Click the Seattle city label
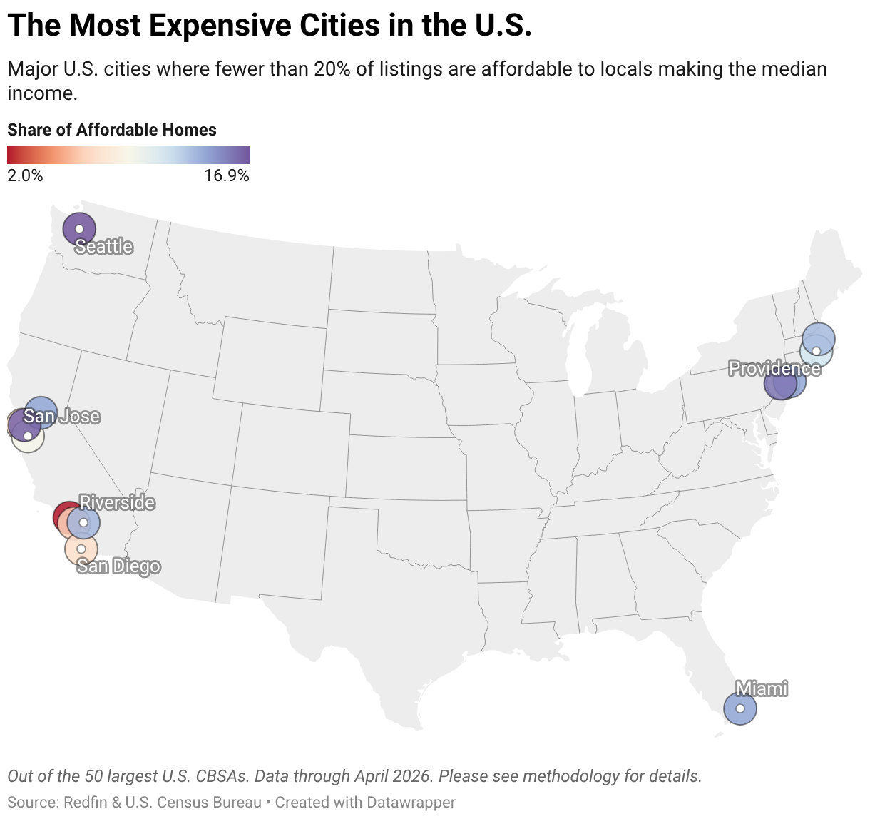point(104,246)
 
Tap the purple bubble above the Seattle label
point(79,229)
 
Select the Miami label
point(762,688)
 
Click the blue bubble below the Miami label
point(740,708)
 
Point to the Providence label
point(774,368)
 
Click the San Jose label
point(62,416)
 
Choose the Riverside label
point(117,502)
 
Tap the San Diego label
point(118,566)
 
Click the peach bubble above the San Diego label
point(81,549)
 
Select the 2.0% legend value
point(25,175)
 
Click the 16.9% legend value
point(227,175)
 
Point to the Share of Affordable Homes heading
point(112,130)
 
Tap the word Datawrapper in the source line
point(411,803)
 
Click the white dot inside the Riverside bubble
point(83,523)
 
